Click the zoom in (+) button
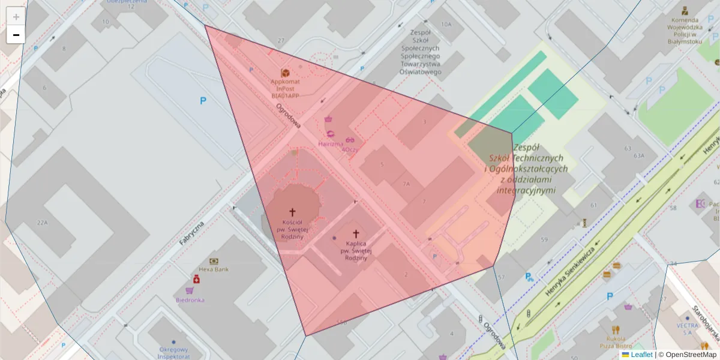click(x=16, y=17)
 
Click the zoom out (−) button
click(x=16, y=35)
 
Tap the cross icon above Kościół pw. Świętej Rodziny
click(x=293, y=212)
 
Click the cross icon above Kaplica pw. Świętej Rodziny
click(x=355, y=233)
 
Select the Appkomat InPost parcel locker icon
click(x=285, y=73)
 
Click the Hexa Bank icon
click(x=214, y=261)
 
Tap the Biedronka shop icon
click(x=196, y=280)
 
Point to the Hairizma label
click(x=331, y=144)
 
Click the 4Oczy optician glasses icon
click(x=350, y=140)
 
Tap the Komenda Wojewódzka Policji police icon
click(x=684, y=10)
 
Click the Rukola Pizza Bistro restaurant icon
click(x=615, y=330)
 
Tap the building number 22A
click(x=42, y=223)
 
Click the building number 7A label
click(x=406, y=184)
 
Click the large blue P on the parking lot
click(x=203, y=101)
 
